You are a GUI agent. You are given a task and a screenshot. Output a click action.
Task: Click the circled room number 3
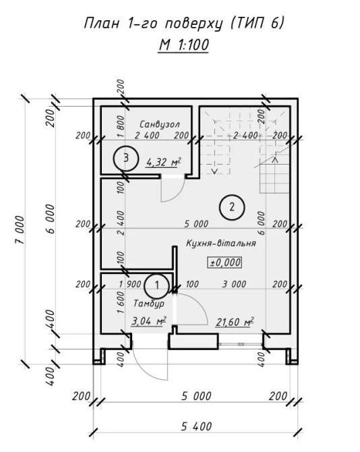tap(126, 159)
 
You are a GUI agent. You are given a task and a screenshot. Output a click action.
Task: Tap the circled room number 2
tap(232, 207)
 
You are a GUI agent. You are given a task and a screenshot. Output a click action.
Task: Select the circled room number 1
tap(156, 285)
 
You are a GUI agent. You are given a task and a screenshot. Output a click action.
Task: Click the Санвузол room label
tap(160, 124)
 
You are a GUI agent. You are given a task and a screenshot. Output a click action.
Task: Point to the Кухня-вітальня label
tap(221, 243)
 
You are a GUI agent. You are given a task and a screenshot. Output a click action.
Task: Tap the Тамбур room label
tap(149, 304)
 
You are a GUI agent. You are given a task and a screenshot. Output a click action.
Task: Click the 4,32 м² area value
tap(164, 162)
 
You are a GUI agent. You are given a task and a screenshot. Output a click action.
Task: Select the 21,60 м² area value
tap(235, 322)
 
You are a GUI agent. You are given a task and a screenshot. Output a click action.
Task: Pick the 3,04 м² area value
tap(148, 320)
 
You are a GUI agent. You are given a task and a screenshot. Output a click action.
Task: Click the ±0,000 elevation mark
tap(225, 262)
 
